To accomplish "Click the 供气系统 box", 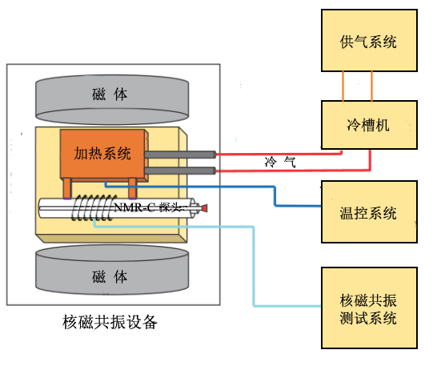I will point(369,42).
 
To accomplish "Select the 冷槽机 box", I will point(369,125).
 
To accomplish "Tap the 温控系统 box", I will point(369,212).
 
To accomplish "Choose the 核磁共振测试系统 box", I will point(369,308).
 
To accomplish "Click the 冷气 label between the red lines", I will point(281,163).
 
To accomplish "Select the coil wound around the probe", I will point(91,211).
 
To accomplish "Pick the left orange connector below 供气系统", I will point(345,86).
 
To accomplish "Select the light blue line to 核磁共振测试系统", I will point(255,264).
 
